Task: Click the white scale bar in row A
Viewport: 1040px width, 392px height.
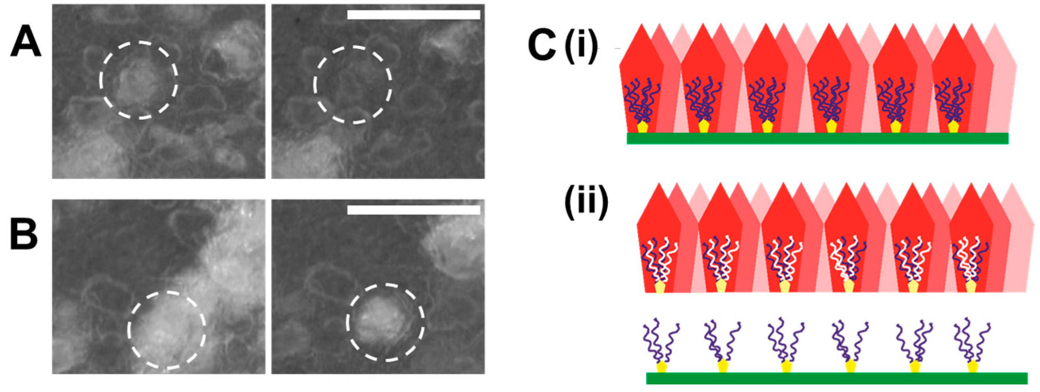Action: [413, 15]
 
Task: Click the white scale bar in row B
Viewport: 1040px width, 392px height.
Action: [413, 210]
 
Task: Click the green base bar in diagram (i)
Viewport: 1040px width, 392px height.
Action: [817, 138]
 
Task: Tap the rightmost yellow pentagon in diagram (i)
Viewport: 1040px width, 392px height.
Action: [954, 127]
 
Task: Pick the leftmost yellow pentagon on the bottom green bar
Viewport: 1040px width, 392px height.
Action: [662, 367]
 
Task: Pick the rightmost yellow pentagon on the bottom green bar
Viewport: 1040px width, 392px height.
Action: [973, 367]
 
